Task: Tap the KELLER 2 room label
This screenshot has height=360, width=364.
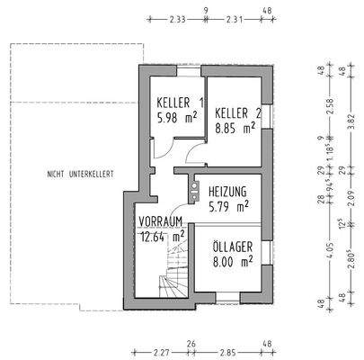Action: point(237,112)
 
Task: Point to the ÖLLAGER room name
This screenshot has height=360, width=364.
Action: point(233,246)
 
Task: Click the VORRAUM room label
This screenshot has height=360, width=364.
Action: point(161,220)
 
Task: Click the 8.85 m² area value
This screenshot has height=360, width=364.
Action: point(236,128)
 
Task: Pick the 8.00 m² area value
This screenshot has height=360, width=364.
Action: point(232,261)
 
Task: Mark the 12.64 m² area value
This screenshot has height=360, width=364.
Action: point(163,236)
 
